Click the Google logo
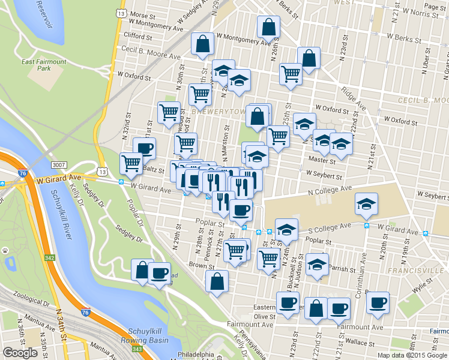(20, 352)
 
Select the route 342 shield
(49, 258)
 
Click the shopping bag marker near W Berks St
(268, 28)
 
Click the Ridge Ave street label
(354, 98)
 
